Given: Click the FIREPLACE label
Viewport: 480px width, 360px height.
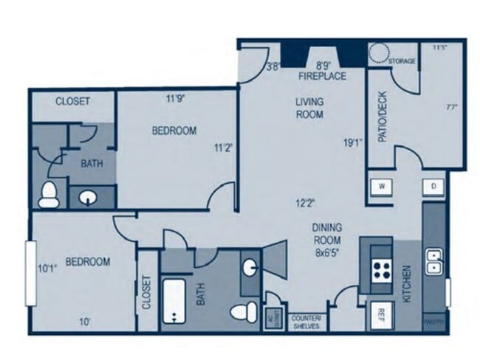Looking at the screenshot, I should click(318, 76).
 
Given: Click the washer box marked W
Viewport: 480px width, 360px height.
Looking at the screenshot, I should click(383, 187).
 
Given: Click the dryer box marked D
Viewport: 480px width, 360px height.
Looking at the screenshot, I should click(433, 187).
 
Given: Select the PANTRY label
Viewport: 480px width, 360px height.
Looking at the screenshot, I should click(433, 322).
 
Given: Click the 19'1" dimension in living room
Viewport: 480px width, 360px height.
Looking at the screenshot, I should click(351, 143).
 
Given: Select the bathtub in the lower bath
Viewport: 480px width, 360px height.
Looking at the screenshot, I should click(174, 302).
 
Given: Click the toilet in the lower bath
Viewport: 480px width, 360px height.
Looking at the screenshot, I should click(242, 311).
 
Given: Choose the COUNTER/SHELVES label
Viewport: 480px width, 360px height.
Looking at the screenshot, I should click(306, 322).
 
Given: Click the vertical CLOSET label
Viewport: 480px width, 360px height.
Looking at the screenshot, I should click(147, 292).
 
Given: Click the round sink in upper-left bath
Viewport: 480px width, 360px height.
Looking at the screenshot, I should click(88, 197).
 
